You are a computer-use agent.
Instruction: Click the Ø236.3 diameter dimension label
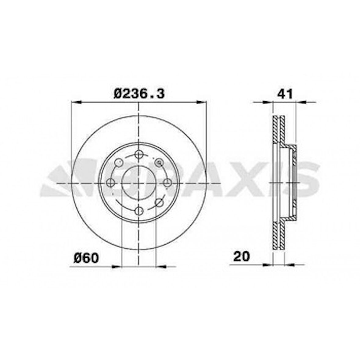139,93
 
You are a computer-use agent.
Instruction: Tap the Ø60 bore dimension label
86,258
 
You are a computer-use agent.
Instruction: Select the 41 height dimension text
285,94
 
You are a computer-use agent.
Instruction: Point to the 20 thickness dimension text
241,256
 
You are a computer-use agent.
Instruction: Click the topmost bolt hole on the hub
139,155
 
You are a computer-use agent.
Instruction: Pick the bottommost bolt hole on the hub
139,210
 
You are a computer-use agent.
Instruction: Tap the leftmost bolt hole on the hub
111,183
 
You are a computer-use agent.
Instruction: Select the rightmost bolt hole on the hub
167,183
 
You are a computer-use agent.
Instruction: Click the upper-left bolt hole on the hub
119,163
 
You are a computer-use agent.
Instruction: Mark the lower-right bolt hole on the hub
159,202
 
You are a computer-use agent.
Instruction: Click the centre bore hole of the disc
139,183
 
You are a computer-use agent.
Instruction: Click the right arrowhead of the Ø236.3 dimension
203,103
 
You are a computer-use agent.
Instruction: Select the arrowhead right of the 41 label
300,103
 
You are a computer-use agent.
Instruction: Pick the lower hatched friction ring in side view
279,236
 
